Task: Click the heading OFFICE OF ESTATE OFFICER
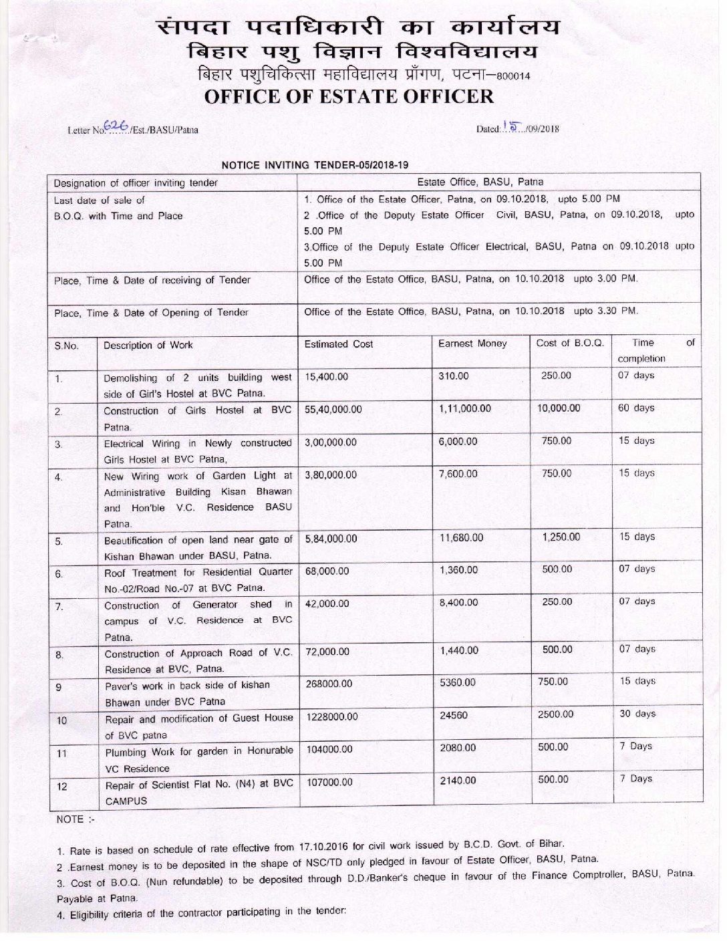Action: point(349,96)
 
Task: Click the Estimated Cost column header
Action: point(339,344)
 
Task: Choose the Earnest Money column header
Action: point(472,344)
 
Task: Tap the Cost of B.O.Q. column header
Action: point(570,343)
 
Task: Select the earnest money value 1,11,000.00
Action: point(465,408)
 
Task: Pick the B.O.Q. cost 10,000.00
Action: point(559,408)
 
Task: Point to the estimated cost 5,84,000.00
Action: point(331,538)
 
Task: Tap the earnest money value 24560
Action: point(454,715)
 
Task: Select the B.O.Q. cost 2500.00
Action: point(555,714)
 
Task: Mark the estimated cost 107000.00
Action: point(329,782)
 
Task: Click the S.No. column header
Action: point(66,346)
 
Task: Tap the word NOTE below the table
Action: point(70,819)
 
